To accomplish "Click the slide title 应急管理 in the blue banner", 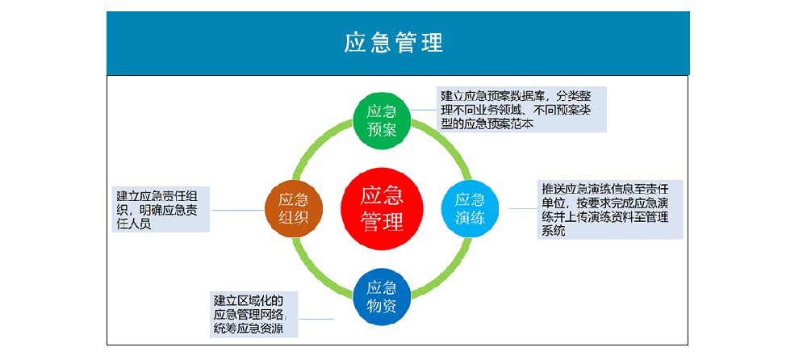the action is click(393, 43).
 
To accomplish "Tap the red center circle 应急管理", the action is click(382, 208).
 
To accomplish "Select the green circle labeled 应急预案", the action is click(382, 120).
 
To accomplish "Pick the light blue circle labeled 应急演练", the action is click(470, 208).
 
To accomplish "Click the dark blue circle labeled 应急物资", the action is click(382, 297).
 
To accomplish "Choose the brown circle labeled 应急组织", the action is click(294, 208).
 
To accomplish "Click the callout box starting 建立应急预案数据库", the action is click(522, 109).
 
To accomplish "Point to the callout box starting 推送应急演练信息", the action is click(610, 209).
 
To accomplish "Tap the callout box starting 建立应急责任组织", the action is click(161, 209).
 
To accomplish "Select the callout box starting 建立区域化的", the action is click(253, 314).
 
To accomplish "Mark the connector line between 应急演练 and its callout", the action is click(523, 208).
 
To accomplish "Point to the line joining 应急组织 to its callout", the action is click(238, 210).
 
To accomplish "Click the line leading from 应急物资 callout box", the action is click(316, 320).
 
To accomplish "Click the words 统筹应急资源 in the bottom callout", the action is click(248, 329).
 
